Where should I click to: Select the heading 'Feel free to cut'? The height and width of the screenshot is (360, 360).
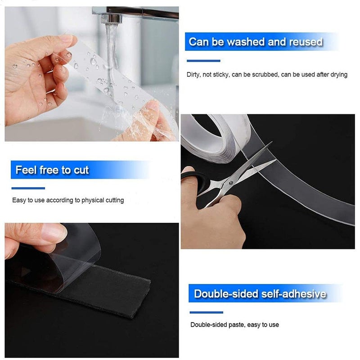click(52, 170)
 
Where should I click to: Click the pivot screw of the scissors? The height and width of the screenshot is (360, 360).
click(230, 182)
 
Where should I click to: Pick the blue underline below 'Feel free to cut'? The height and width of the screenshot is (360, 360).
click(28, 188)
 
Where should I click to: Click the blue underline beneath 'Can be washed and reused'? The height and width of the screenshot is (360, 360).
click(203, 61)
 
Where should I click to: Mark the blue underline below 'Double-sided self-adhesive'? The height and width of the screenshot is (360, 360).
click(207, 312)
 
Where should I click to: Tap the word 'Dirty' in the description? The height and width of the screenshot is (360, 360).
click(193, 75)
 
